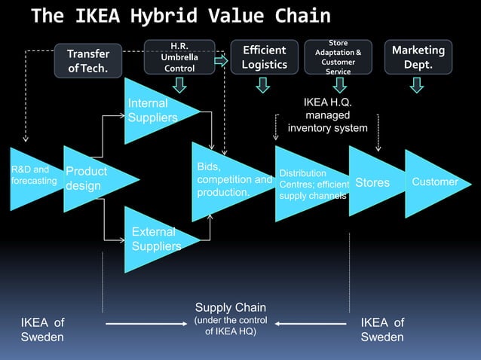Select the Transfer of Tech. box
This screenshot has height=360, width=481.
(x=87, y=61)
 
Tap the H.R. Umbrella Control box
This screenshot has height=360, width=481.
(x=179, y=57)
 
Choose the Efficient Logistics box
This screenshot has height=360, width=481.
(x=264, y=57)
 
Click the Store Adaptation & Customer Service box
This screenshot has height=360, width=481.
(x=338, y=57)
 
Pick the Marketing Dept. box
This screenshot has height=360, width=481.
(x=418, y=57)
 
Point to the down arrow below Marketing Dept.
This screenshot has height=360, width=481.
(x=416, y=85)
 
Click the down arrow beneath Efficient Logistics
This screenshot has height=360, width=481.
(x=262, y=85)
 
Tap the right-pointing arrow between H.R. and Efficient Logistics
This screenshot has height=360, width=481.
(x=222, y=59)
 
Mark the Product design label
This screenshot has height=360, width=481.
(x=86, y=178)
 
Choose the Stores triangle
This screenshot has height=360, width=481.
(x=372, y=182)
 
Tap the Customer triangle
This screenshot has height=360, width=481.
(x=434, y=182)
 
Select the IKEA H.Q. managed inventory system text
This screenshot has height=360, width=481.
(x=327, y=115)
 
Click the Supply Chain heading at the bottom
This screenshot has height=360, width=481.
(x=230, y=307)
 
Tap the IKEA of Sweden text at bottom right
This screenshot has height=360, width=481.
(x=382, y=330)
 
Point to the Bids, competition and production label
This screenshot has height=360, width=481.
(x=234, y=179)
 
